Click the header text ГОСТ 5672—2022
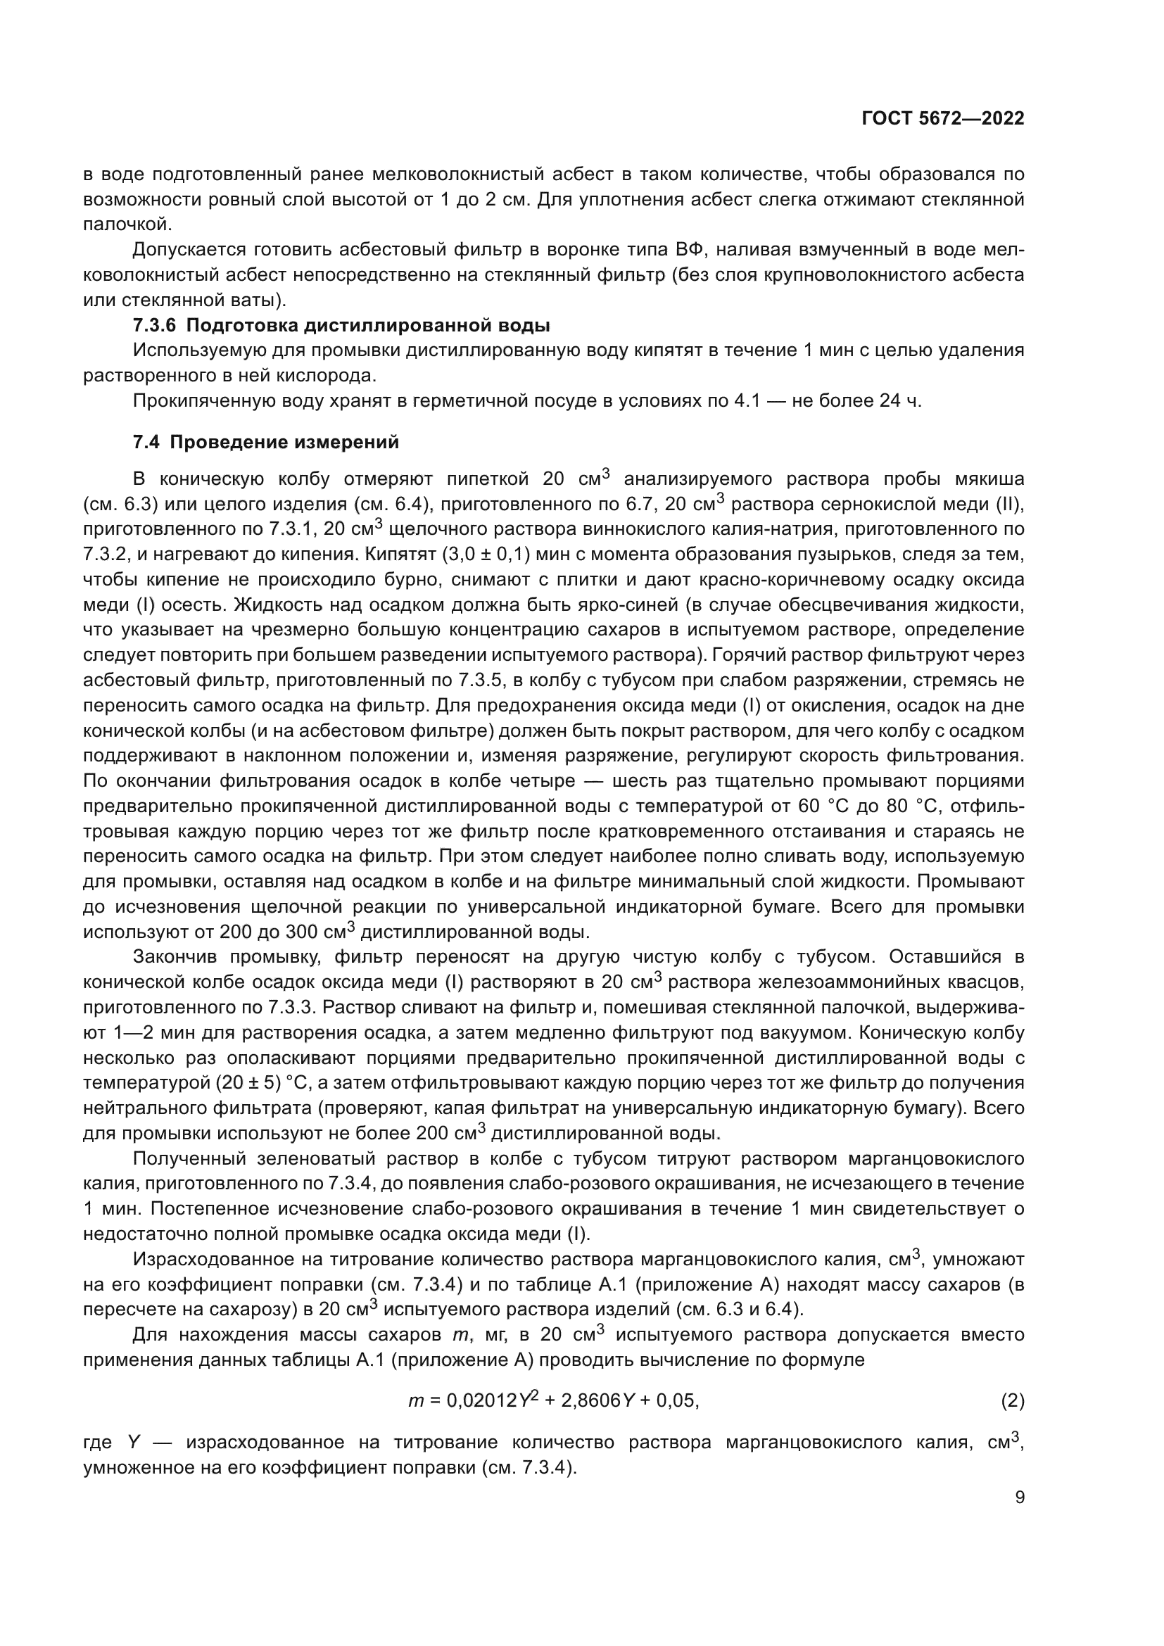(x=942, y=119)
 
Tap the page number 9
(x=1020, y=1498)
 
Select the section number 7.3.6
(x=154, y=326)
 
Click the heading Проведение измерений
(x=284, y=443)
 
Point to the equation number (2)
(x=1012, y=1400)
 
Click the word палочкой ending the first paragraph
(x=127, y=224)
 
